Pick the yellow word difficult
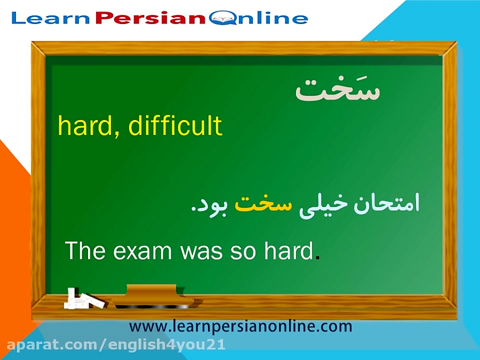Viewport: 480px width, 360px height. click(x=175, y=126)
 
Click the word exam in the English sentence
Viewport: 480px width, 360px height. click(x=143, y=250)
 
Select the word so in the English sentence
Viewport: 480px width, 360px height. click(x=243, y=250)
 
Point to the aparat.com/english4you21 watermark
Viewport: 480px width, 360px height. click(x=113, y=345)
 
